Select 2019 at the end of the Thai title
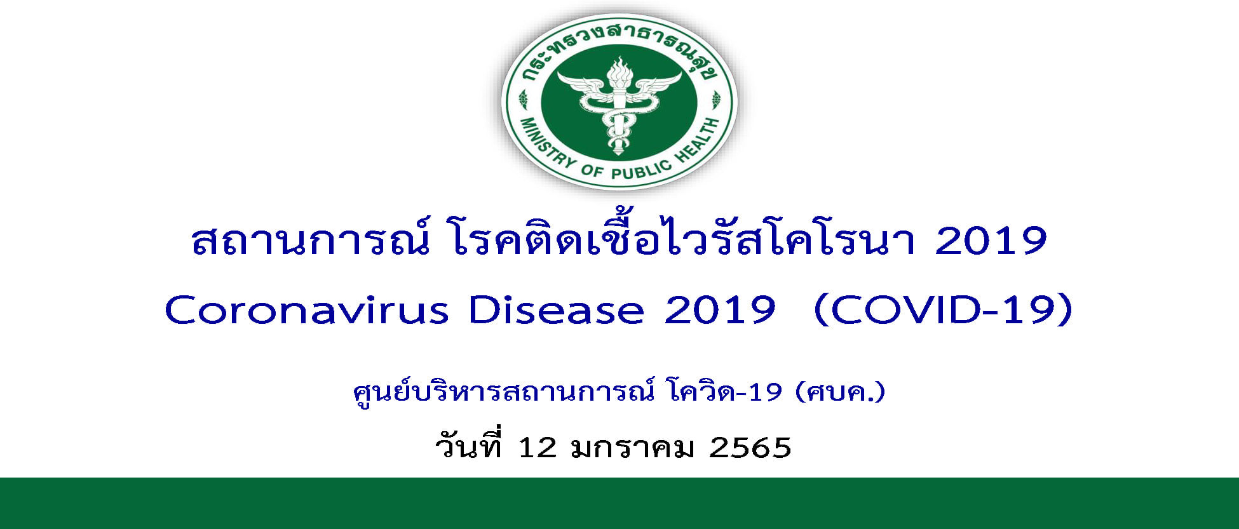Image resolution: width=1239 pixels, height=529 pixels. tap(991, 242)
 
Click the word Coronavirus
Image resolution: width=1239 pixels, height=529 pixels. tap(307, 311)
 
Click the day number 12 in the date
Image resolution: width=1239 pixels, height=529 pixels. tap(538, 448)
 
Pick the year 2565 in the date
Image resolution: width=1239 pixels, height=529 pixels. tap(750, 448)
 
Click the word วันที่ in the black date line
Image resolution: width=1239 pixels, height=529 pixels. tap(470, 445)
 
